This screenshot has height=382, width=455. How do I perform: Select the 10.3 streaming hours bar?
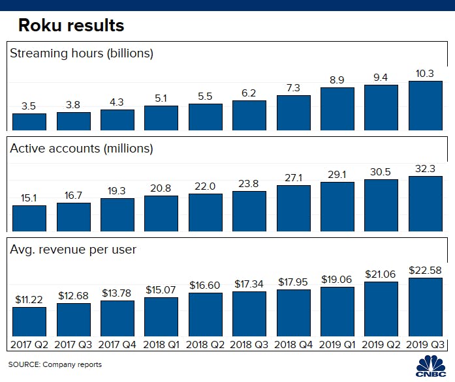pos(425,106)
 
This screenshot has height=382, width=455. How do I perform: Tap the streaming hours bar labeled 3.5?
pos(29,122)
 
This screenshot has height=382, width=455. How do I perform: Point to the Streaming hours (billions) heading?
pos(82,53)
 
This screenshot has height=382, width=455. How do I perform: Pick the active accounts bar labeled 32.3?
pos(425,203)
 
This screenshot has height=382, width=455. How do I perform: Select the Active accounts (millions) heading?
pos(82,149)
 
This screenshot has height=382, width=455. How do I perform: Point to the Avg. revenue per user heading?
pos(73,249)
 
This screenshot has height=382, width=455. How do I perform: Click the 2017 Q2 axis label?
pos(29,344)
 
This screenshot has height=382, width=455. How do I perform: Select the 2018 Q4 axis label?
pos(294,344)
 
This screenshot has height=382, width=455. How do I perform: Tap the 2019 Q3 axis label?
pos(425,344)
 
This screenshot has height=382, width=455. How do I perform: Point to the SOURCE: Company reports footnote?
pos(55,364)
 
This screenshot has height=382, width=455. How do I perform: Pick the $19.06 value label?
pos(337,279)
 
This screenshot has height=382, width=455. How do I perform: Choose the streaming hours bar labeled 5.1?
pos(161,118)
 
